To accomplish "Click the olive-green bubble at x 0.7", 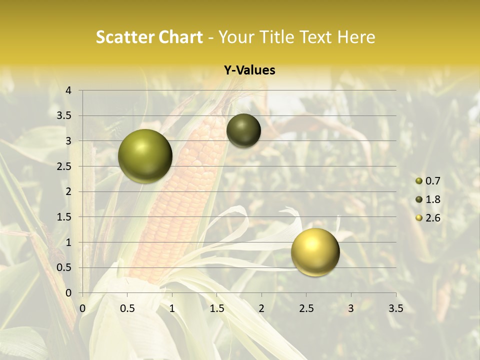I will tap(145, 156).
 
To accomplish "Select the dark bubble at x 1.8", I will tap(243, 130).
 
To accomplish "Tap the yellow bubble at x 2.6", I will tap(315, 252).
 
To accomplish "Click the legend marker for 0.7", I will tap(419, 181).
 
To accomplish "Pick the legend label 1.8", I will tap(432, 199).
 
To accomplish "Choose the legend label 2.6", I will tap(432, 218).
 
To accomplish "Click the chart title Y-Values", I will tap(249, 70).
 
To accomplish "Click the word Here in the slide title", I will tap(356, 37).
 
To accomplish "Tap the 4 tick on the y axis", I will tap(69, 90).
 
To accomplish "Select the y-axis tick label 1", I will tap(69, 242).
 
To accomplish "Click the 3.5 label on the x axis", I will tap(395, 308).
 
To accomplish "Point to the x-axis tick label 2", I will tap(261, 308).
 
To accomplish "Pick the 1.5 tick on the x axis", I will tap(216, 308).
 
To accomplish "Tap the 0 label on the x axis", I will tap(83, 308).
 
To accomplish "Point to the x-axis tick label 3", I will tap(351, 308).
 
